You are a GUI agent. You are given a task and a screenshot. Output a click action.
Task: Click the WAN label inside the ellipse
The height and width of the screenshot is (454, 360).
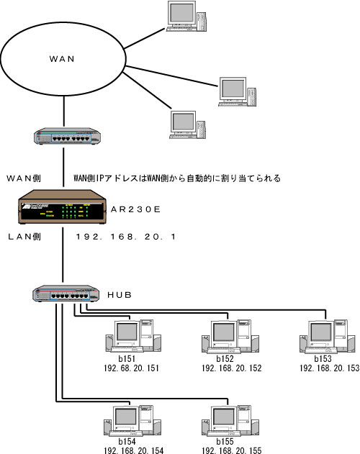(62, 59)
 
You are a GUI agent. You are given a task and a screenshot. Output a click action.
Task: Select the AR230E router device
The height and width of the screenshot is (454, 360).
(62, 206)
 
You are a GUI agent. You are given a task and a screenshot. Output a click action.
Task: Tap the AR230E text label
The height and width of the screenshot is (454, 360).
(135, 209)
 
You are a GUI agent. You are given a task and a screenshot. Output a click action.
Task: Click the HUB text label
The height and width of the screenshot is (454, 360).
(120, 295)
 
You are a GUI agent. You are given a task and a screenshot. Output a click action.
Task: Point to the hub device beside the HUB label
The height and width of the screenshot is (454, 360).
(66, 294)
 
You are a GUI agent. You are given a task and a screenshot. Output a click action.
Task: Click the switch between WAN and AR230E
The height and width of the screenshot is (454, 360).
(67, 136)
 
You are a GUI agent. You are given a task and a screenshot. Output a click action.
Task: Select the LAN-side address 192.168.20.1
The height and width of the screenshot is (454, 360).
(126, 237)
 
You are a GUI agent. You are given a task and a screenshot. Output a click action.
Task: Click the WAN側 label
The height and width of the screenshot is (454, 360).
(24, 178)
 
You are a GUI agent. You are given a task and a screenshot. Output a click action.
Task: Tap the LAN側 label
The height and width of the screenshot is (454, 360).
(24, 237)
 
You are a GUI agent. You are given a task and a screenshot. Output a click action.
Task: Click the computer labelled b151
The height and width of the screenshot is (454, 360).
(133, 336)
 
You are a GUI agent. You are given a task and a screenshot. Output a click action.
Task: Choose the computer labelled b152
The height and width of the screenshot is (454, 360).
(230, 337)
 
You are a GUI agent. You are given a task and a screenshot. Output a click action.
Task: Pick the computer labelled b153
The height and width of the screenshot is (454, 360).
(328, 337)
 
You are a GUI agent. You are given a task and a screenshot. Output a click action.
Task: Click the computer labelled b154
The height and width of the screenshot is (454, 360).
(132, 421)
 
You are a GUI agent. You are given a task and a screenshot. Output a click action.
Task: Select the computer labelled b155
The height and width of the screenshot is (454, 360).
(230, 421)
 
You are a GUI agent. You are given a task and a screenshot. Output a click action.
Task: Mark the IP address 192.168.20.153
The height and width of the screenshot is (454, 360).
(329, 368)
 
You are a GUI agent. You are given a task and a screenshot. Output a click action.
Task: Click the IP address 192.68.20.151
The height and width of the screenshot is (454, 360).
(131, 368)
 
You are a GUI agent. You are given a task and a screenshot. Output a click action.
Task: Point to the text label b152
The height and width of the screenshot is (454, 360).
(225, 359)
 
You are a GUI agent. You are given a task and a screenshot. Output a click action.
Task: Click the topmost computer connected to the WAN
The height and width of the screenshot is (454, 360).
(186, 16)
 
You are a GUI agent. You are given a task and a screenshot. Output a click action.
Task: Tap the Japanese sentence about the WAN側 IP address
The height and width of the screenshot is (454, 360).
(177, 178)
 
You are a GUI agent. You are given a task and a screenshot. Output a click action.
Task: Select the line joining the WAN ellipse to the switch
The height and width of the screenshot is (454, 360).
(64, 112)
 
